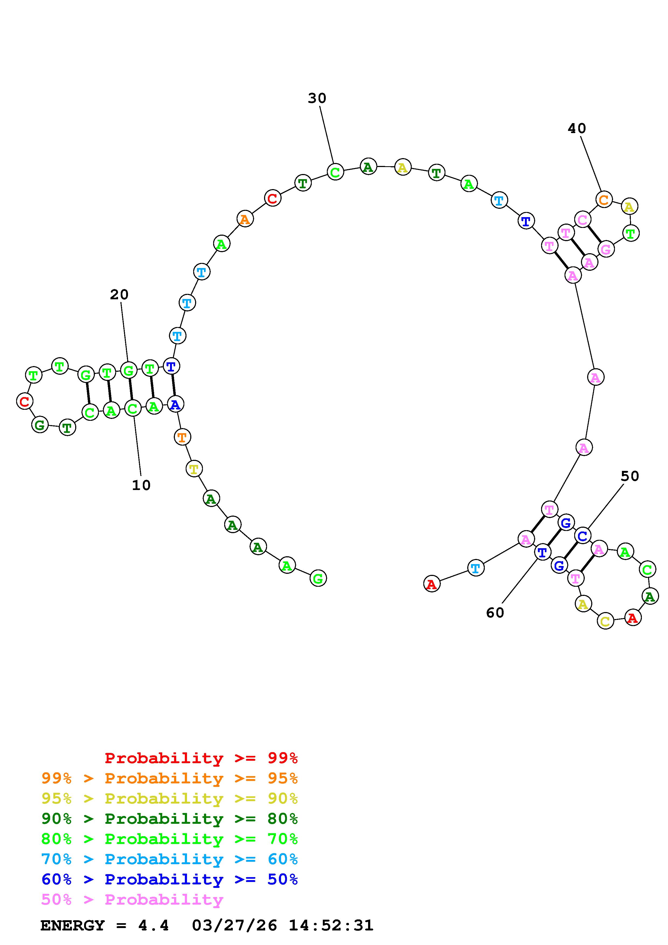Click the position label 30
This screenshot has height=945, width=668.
pyautogui.click(x=317, y=98)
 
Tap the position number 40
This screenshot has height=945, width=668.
pyautogui.click(x=577, y=129)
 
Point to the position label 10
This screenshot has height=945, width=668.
pyautogui.click(x=141, y=485)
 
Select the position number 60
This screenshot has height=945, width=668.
pyautogui.click(x=495, y=613)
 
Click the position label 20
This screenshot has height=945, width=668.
pyautogui.click(x=119, y=295)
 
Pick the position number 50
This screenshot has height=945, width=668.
pyautogui.click(x=630, y=476)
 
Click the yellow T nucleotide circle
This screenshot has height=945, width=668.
pyautogui.click(x=194, y=468)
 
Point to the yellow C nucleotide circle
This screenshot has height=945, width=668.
pyautogui.click(x=605, y=621)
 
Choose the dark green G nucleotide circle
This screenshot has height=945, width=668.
pyautogui.click(x=40, y=425)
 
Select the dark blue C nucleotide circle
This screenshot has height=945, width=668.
pyautogui.click(x=582, y=536)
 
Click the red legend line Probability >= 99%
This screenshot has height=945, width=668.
pyautogui.click(x=201, y=758)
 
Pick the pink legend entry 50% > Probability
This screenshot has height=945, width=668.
pyautogui.click(x=132, y=900)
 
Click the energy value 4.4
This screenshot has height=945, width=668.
pyautogui.click(x=154, y=926)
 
